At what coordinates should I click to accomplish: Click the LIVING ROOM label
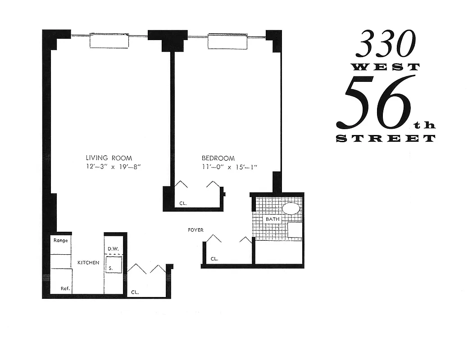[x=109, y=157]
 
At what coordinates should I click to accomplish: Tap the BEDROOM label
[x=218, y=158]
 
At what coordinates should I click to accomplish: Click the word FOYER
[x=195, y=230]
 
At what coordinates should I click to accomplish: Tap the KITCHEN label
[x=88, y=262]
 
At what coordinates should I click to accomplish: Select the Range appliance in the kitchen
[x=61, y=240]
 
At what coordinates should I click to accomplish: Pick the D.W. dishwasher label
[x=112, y=248]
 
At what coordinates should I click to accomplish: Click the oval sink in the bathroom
[x=291, y=209]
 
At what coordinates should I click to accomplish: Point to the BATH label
[x=272, y=219]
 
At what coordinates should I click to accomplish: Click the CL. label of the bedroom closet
[x=183, y=203]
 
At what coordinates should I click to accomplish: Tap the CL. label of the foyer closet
[x=214, y=259]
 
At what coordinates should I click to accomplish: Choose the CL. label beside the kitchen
[x=135, y=292]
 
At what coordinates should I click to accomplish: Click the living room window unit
[x=109, y=40]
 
